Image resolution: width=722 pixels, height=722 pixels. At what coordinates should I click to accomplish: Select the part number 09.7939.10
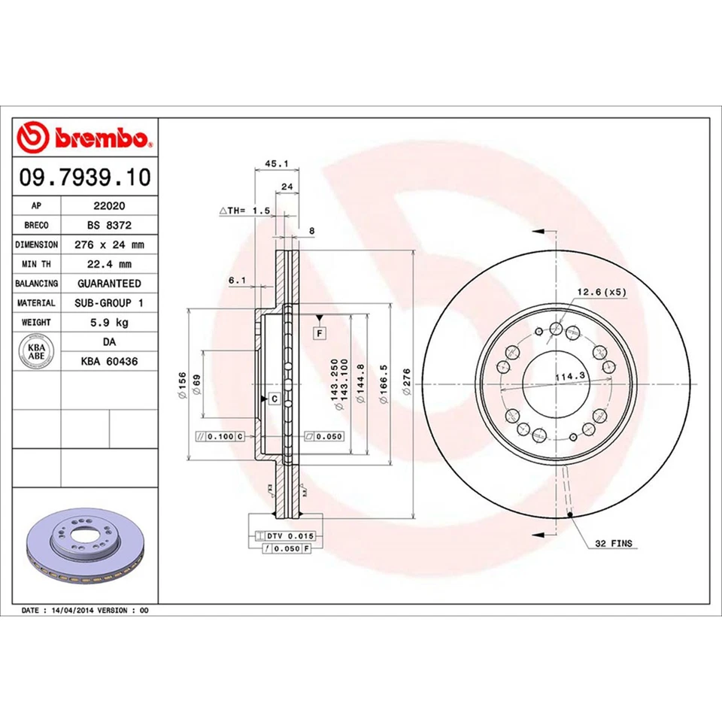click(x=85, y=178)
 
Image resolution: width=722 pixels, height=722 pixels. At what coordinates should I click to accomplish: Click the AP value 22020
click(x=108, y=205)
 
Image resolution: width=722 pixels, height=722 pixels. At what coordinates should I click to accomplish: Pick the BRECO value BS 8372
click(x=108, y=225)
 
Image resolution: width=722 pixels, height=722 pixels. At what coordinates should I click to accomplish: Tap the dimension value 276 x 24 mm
click(x=108, y=244)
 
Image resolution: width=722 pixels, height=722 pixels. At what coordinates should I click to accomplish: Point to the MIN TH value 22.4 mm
click(x=108, y=264)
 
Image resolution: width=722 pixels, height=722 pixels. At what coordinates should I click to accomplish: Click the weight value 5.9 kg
click(x=108, y=323)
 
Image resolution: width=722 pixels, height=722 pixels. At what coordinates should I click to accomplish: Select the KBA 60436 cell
click(x=108, y=362)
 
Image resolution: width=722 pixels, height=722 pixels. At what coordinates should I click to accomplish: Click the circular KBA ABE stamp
click(x=36, y=352)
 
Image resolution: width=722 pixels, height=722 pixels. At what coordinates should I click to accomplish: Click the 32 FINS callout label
click(x=614, y=542)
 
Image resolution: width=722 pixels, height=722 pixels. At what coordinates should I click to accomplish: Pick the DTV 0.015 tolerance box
click(x=290, y=535)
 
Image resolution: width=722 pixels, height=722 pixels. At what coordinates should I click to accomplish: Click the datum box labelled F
click(x=320, y=332)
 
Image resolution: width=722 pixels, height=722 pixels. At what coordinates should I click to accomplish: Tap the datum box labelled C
click(x=273, y=397)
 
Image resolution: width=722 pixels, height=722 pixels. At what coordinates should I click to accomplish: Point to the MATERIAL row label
click(x=36, y=303)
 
